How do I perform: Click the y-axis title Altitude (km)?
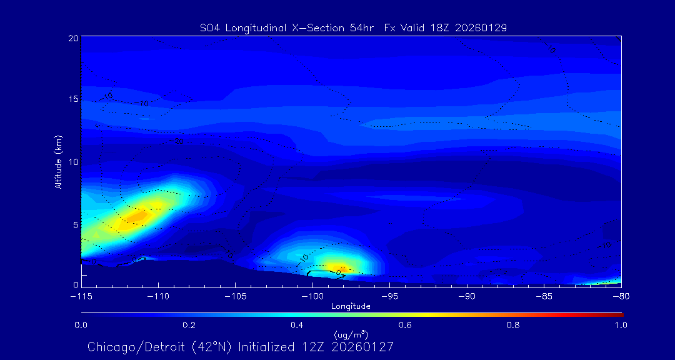point(58,162)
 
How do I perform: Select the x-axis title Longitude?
point(351,306)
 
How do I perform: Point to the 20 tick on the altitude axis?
point(73,38)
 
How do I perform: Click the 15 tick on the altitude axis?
point(73,99)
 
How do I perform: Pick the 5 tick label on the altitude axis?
point(75,224)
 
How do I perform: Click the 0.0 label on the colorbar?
point(81,325)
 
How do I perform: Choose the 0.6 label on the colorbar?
point(405,325)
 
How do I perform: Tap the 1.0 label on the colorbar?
point(621,325)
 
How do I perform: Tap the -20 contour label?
point(179,141)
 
